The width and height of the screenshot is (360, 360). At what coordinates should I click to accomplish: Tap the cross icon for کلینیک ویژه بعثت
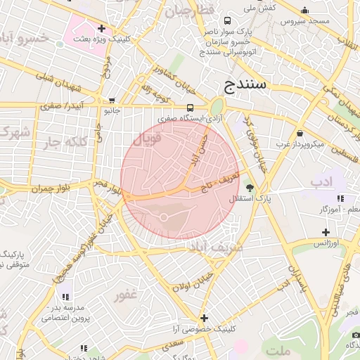pyautogui.click(x=103, y=29)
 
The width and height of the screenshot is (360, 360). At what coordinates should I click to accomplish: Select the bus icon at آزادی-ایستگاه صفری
pyautogui.click(x=190, y=108)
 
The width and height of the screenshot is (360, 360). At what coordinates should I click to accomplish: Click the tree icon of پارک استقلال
pyautogui.click(x=250, y=188)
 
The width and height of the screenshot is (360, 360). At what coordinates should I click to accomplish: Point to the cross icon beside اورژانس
pyautogui.click(x=325, y=232)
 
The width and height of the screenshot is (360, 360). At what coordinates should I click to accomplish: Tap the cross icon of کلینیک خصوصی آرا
pyautogui.click(x=204, y=318)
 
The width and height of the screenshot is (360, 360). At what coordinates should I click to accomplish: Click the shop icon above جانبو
pyautogui.click(x=112, y=101)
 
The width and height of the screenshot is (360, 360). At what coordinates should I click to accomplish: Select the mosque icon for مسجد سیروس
pyautogui.click(x=304, y=11)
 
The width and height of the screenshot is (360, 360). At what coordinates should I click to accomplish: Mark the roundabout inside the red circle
pyautogui.click(x=164, y=217)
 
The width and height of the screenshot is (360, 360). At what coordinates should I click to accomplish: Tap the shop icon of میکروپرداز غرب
pyautogui.click(x=300, y=133)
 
